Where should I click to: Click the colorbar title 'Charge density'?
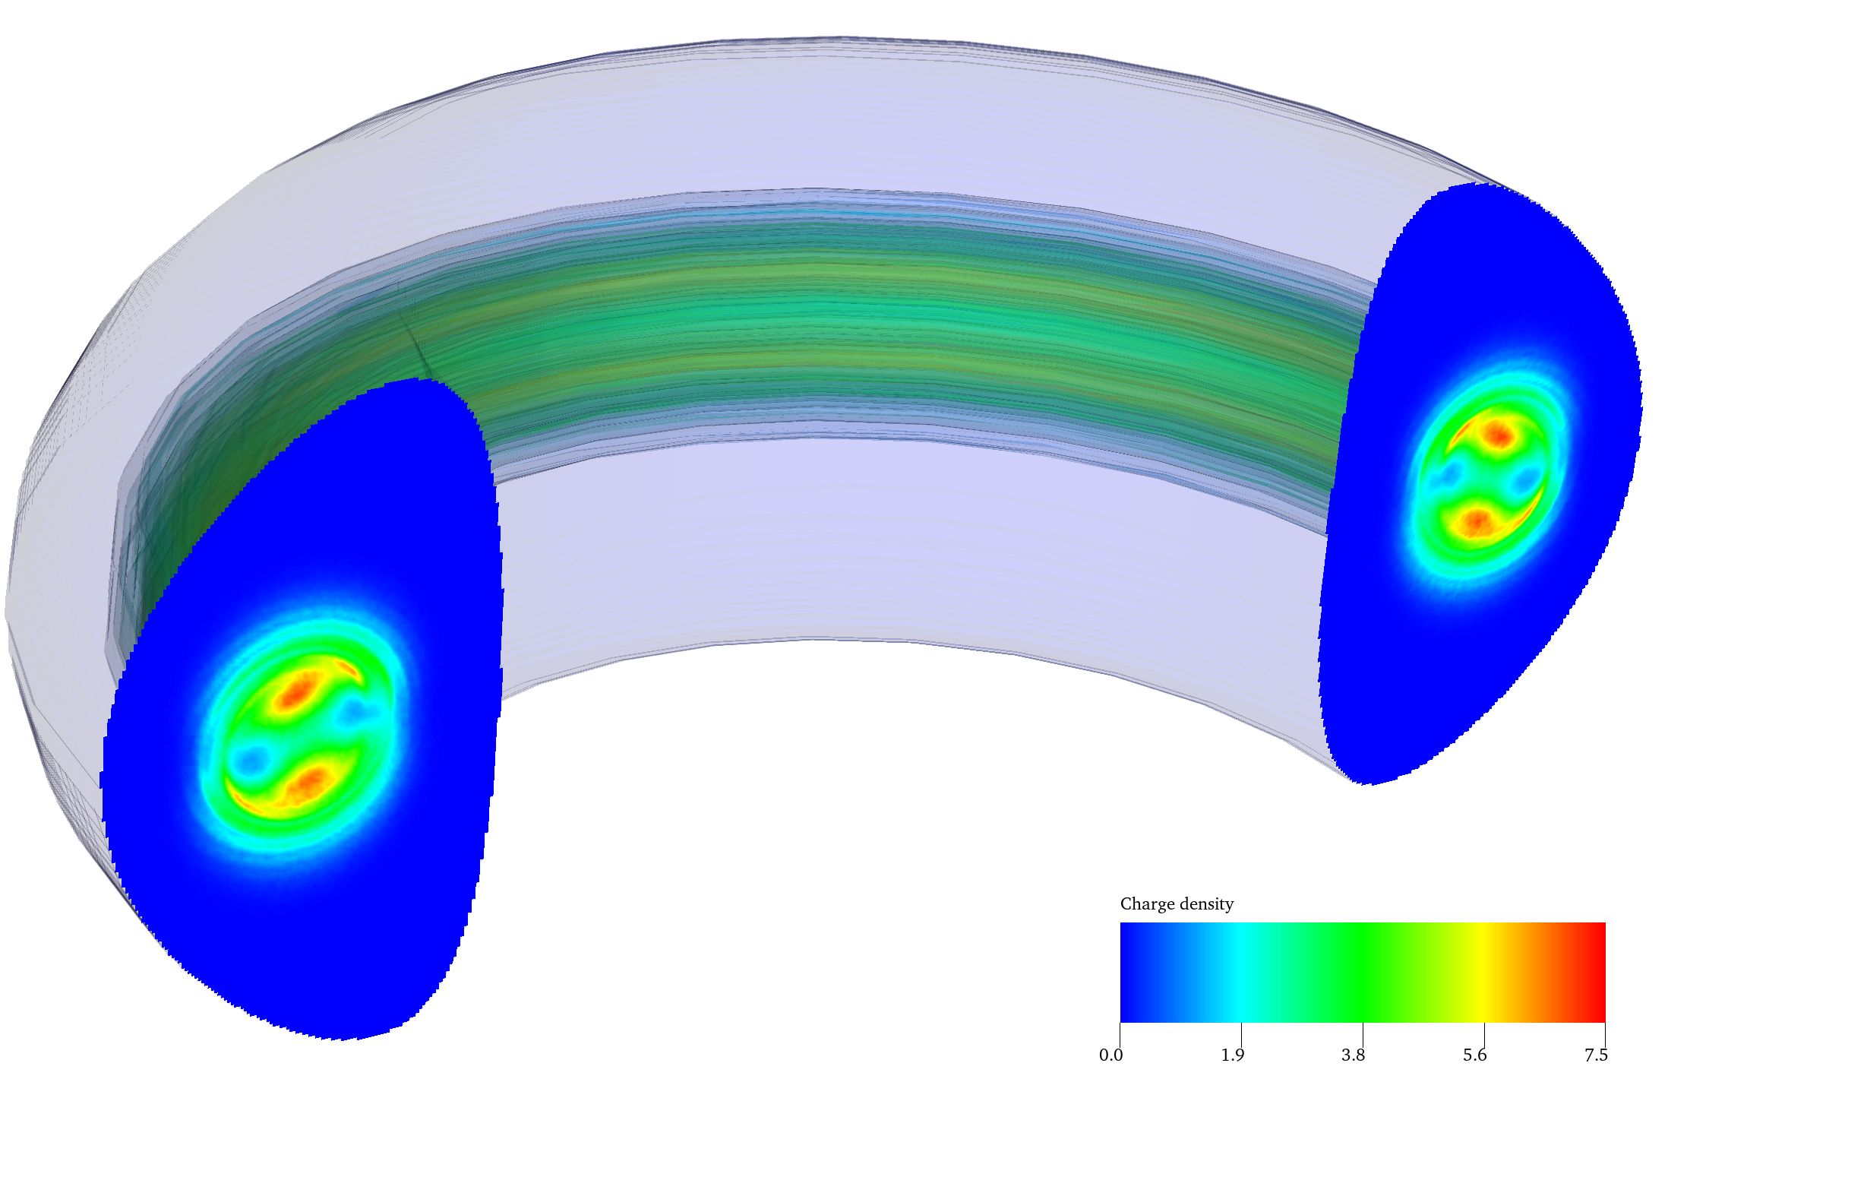point(1176,904)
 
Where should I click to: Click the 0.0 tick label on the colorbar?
point(1110,1055)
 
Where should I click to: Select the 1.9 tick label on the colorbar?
point(1232,1055)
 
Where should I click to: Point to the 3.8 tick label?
point(1353,1055)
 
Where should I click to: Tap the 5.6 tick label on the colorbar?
point(1474,1055)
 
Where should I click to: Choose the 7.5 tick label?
point(1595,1055)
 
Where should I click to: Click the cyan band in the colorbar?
point(1240,972)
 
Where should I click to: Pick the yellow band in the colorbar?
point(1483,972)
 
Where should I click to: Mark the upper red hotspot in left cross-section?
point(296,690)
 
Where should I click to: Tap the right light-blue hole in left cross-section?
point(356,708)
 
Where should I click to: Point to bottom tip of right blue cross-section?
point(1368,783)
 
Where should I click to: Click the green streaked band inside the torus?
point(854,326)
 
